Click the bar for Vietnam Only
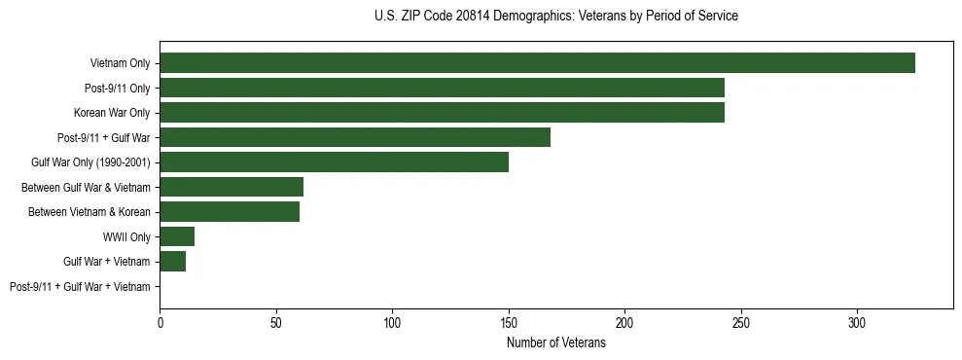[x=537, y=63]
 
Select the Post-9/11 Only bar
[x=442, y=88]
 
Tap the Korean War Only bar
[x=442, y=113]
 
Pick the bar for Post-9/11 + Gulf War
[x=355, y=137]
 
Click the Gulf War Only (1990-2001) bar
[x=334, y=162]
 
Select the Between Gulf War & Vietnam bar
[x=232, y=187]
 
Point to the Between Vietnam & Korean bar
[x=230, y=212]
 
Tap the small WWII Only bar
[x=177, y=236]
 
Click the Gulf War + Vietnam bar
[x=172, y=262]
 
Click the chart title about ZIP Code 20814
[x=555, y=17]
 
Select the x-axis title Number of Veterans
[x=555, y=343]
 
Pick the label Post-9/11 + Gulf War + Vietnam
[x=80, y=287]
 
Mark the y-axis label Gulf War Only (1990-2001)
[x=90, y=162]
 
